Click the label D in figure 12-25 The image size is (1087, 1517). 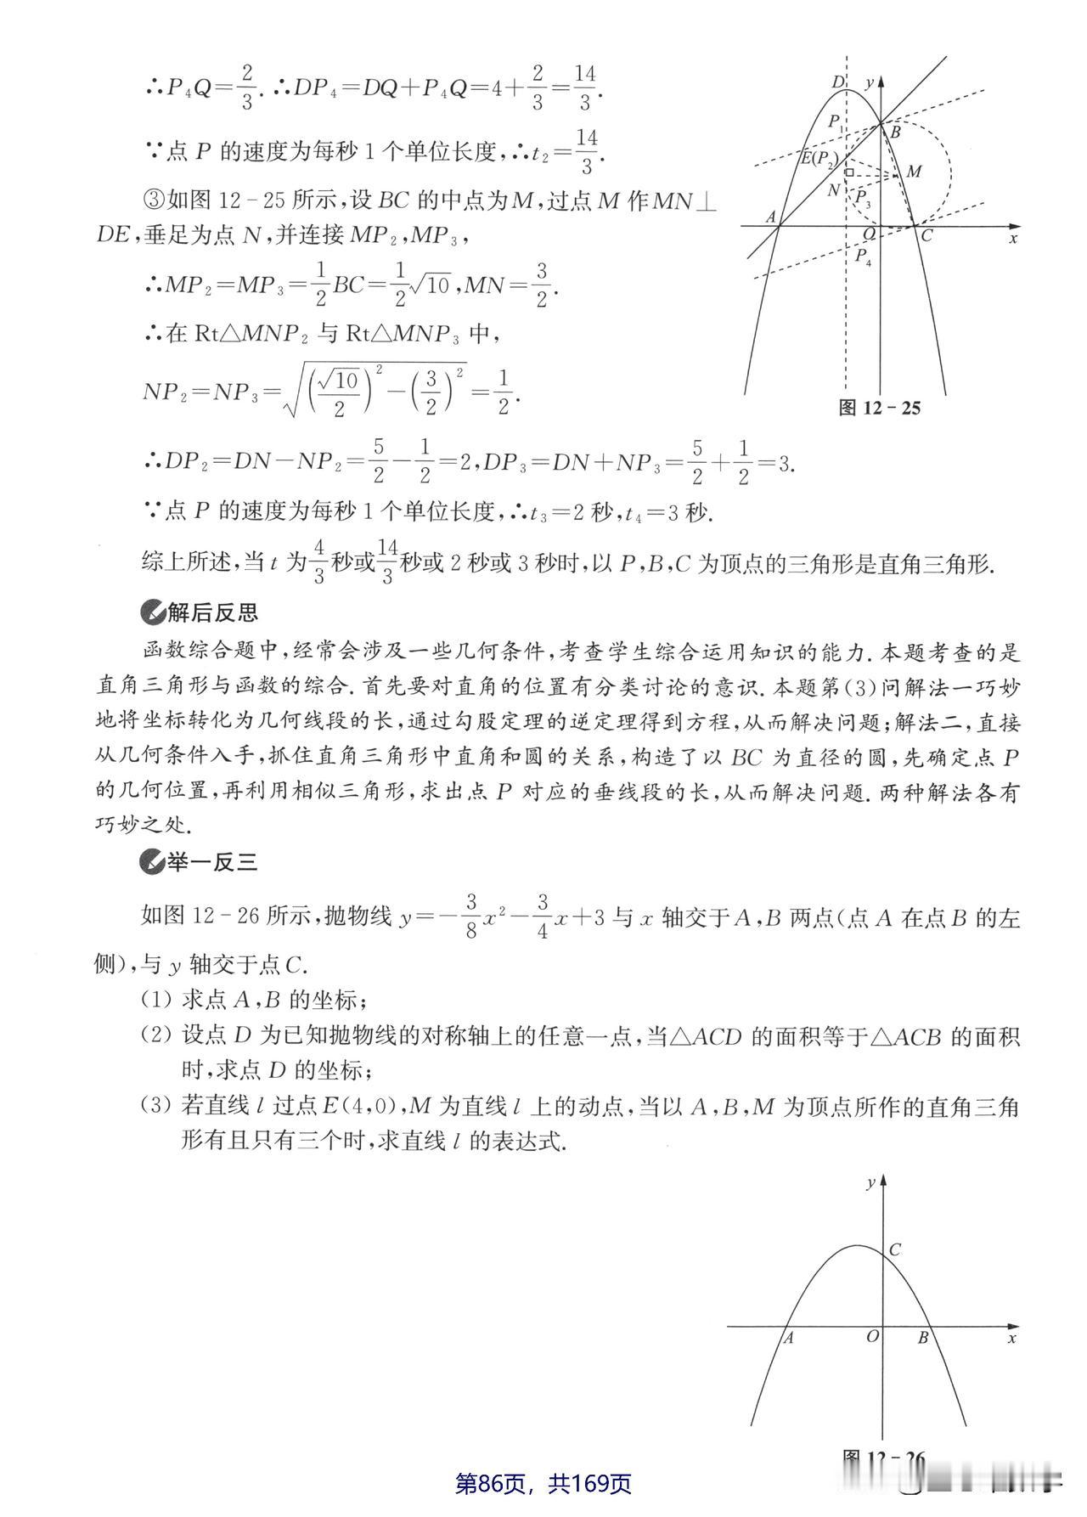[x=837, y=82]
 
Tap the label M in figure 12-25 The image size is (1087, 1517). [x=914, y=172]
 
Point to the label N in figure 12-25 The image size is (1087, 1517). [x=834, y=190]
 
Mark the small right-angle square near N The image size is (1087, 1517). [x=848, y=172]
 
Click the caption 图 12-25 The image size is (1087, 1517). [x=879, y=408]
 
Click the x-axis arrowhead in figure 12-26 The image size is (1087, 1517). [x=1012, y=1327]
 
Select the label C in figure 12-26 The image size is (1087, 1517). [x=894, y=1250]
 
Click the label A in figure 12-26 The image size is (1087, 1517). [x=788, y=1339]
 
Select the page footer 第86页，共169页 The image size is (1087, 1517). [x=543, y=1483]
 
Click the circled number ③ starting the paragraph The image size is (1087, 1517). [x=153, y=200]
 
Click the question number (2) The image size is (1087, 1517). [x=158, y=1036]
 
